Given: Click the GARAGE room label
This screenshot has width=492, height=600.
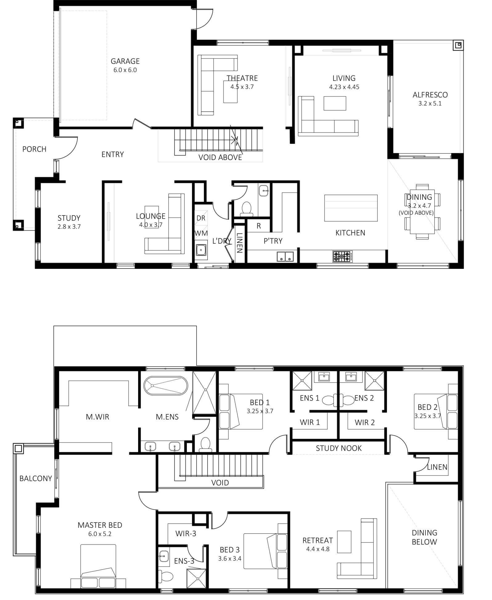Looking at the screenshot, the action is (x=125, y=61).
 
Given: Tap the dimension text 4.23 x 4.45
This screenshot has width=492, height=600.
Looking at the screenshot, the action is (x=344, y=87).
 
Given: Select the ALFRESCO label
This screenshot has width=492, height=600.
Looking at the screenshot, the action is (x=430, y=95).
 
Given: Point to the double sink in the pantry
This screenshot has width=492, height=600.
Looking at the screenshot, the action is (x=285, y=257).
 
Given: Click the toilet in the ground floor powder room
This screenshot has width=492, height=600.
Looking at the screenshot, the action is (x=246, y=208).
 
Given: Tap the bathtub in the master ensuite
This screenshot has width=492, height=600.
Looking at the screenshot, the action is (x=165, y=385).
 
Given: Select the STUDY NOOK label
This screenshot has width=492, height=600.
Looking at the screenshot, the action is (x=338, y=448).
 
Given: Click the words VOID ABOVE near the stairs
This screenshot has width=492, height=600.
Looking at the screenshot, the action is (x=220, y=158).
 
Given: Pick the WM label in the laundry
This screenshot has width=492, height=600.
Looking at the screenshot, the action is (x=201, y=233).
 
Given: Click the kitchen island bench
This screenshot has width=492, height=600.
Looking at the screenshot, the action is (x=351, y=208).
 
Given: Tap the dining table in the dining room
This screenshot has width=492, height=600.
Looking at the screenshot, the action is (x=422, y=212).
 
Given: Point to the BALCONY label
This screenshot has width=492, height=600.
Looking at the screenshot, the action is (x=35, y=478).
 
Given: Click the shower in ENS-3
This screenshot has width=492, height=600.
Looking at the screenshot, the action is (x=196, y=578).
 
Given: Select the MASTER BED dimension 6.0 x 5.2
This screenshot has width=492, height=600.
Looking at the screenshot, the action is (x=100, y=534).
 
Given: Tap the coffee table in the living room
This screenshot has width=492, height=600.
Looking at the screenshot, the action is (x=335, y=103).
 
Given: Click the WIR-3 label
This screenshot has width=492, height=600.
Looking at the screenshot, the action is (x=186, y=533).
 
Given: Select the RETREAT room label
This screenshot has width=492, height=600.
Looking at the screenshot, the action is (x=318, y=540).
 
